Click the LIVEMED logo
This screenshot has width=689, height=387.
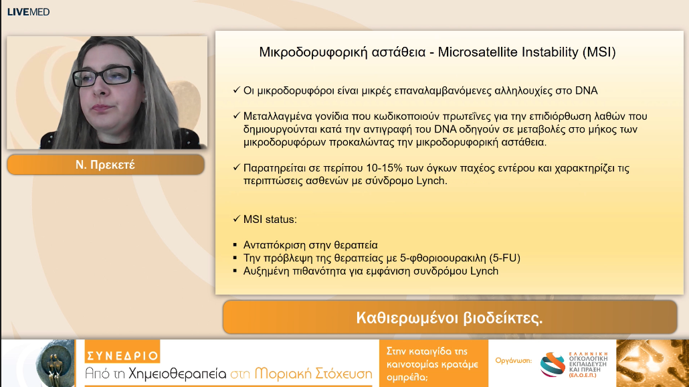28,11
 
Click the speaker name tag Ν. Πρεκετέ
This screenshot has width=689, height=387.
105,164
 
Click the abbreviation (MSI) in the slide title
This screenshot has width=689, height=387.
599,52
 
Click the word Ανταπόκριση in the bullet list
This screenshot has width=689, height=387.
274,245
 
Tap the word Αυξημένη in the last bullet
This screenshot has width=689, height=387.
268,271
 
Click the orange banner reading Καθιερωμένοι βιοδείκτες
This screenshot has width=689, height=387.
449,317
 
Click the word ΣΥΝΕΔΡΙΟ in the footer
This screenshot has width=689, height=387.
122,356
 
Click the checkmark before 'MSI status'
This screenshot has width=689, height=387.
236,220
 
